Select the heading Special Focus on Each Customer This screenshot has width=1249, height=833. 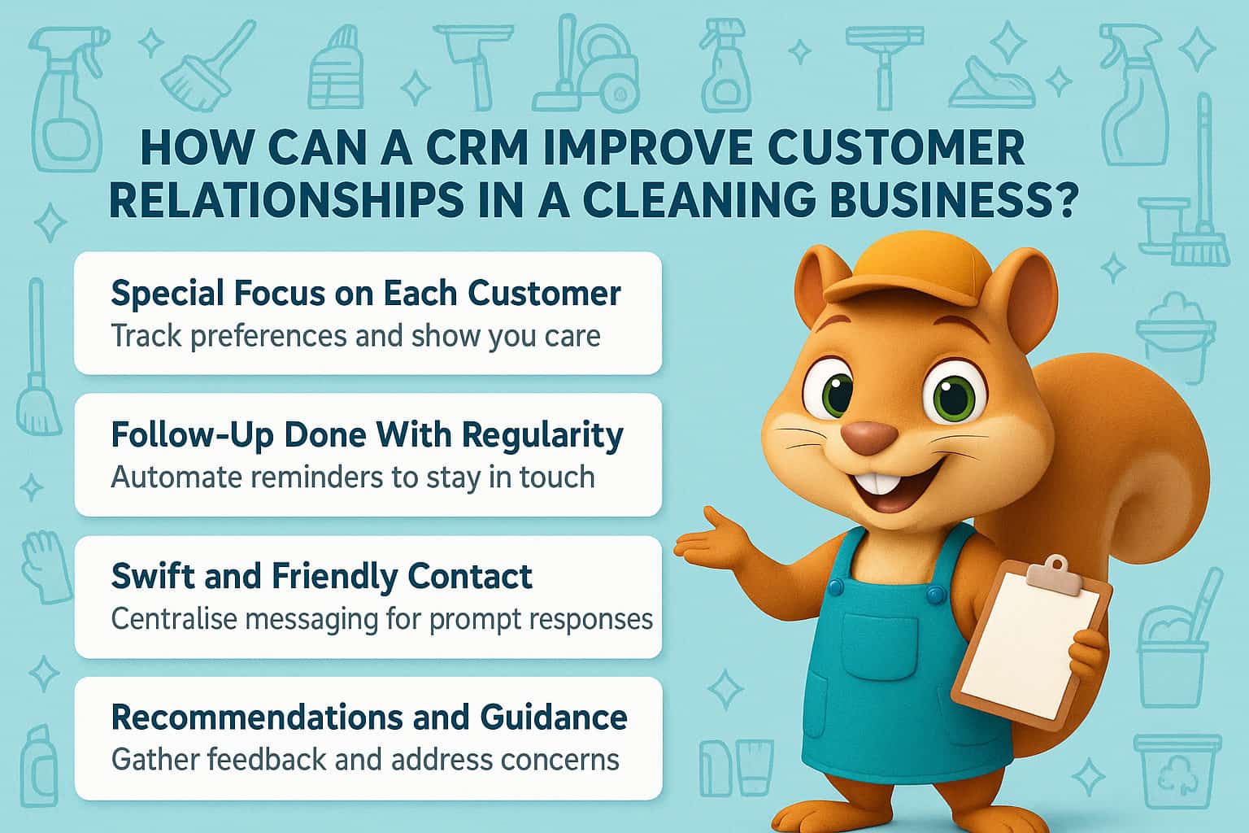coord(366,293)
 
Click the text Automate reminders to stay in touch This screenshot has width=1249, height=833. coord(353,477)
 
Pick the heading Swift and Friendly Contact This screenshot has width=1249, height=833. coord(321,577)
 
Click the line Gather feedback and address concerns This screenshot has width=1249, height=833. coord(365,760)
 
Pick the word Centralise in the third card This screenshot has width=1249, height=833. coord(172,619)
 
